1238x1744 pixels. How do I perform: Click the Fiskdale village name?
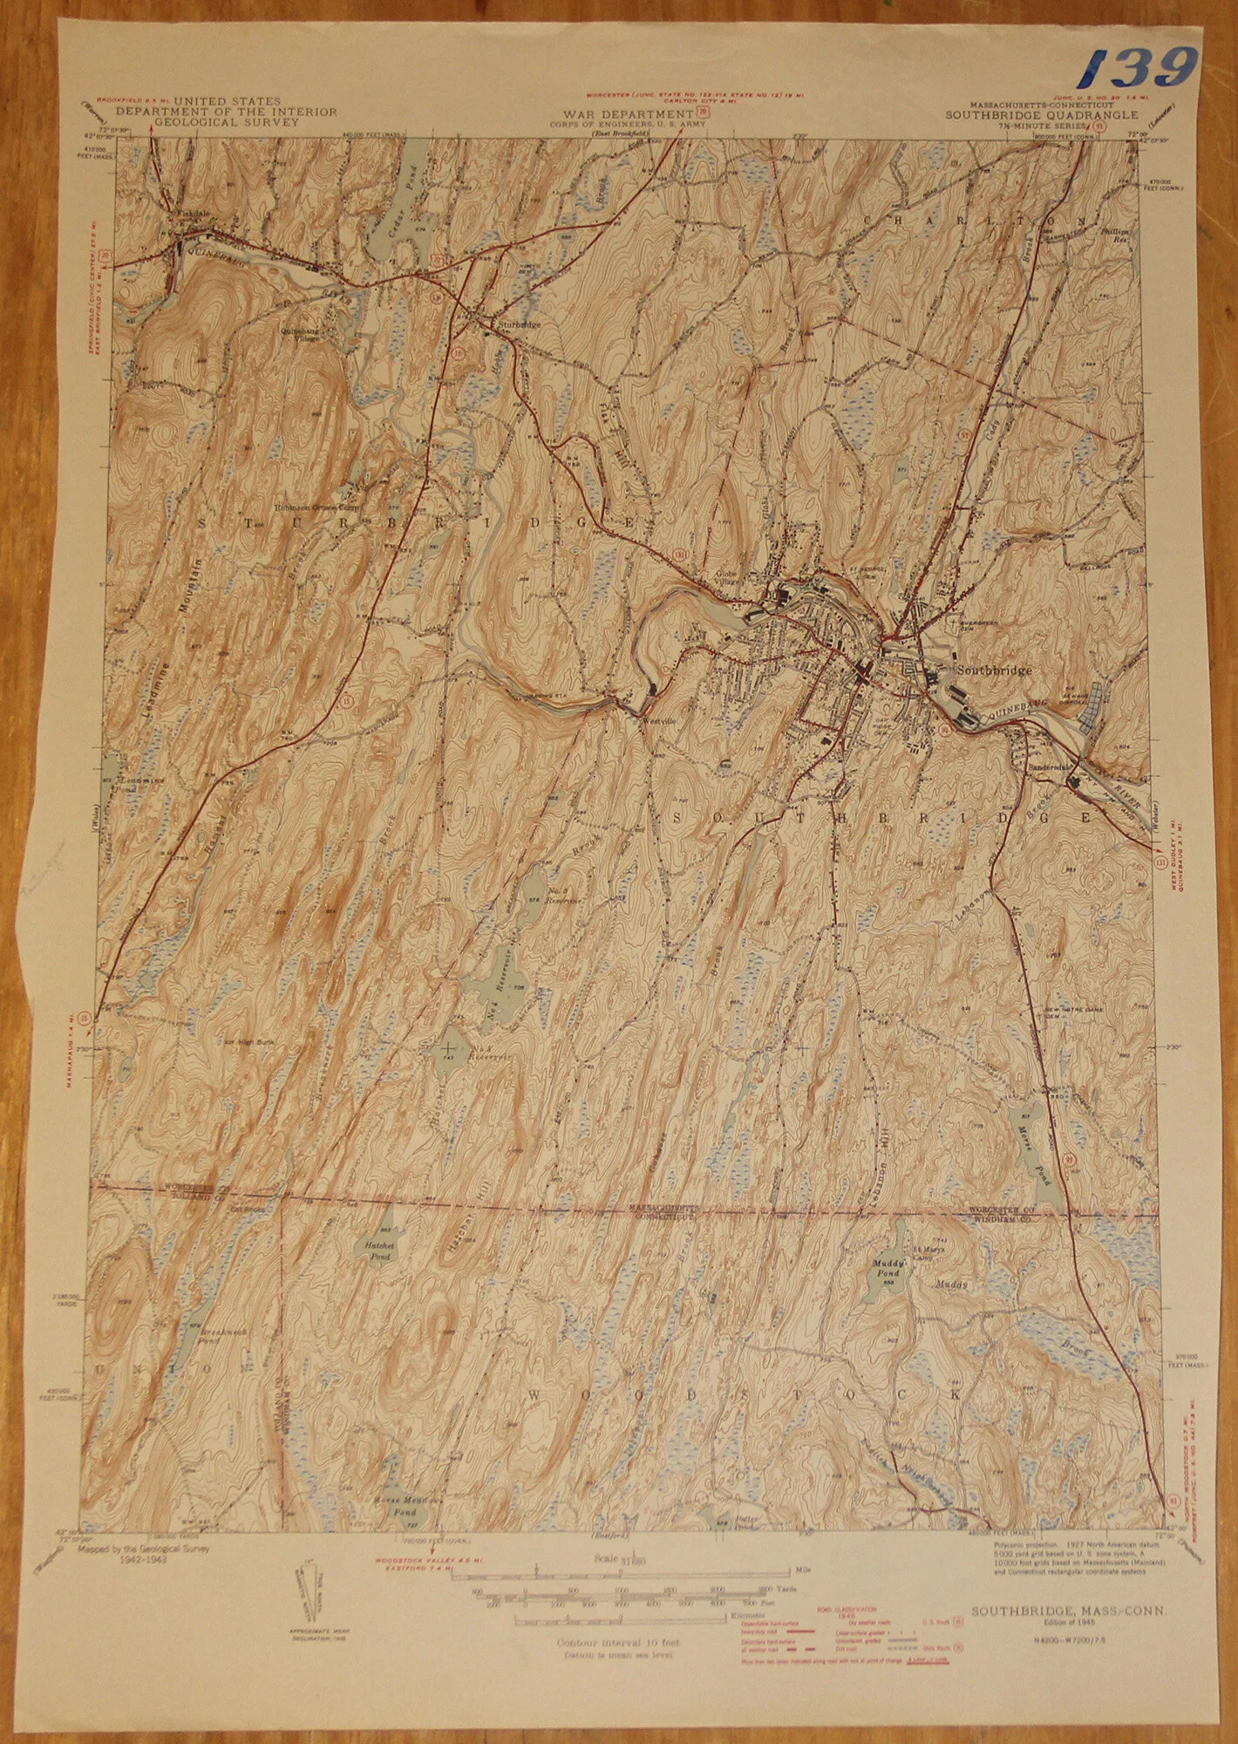tap(183, 213)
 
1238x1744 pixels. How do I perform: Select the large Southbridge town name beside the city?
tap(993, 671)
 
